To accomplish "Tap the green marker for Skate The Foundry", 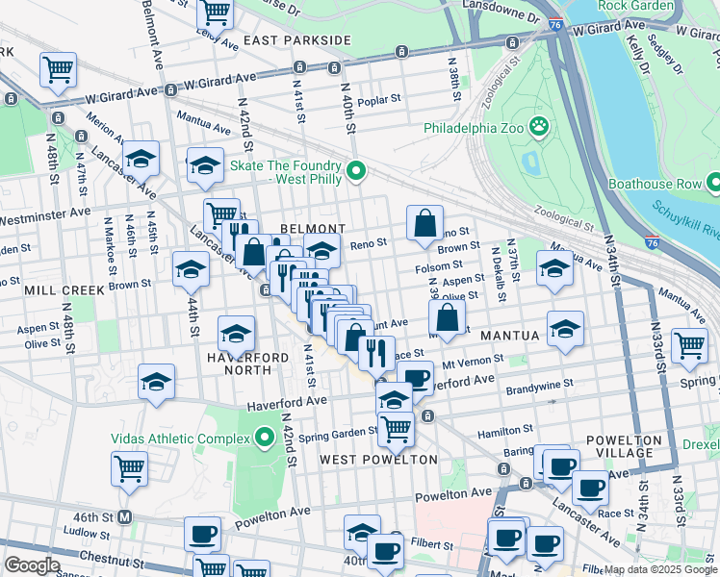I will (x=356, y=172).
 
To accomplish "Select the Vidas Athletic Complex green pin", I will (x=265, y=439).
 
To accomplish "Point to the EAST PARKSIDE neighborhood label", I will (x=296, y=40).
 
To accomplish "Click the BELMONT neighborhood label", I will (x=312, y=229).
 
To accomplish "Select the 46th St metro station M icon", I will (x=124, y=516).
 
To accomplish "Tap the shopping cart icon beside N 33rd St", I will (x=689, y=345).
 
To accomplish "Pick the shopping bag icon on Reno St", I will (x=424, y=223).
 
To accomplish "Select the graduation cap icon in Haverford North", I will (x=236, y=333).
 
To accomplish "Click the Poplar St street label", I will (x=377, y=101).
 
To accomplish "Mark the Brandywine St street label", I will (x=541, y=382).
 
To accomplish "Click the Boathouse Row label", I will (x=656, y=182).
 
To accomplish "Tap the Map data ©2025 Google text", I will (x=660, y=569).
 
